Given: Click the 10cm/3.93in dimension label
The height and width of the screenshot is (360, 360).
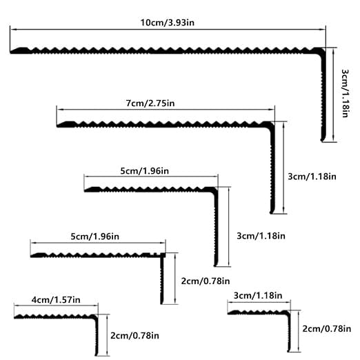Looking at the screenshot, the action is click(168, 23).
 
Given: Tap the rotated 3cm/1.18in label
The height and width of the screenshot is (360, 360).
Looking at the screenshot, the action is click(345, 93).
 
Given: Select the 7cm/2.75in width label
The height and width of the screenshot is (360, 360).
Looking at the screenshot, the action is click(150, 103).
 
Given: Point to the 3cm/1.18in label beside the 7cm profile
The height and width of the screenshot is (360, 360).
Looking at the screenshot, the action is click(312, 177).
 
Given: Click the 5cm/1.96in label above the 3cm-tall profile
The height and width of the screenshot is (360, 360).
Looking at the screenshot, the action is click(145, 171).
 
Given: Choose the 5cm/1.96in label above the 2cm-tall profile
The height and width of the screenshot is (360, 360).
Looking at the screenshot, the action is click(95, 237).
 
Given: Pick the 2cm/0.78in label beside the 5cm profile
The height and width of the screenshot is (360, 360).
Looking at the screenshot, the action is click(206, 281).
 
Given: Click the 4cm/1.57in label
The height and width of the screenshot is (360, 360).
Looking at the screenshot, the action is click(56, 300).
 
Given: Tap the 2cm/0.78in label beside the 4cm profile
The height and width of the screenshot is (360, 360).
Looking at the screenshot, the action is click(134, 336).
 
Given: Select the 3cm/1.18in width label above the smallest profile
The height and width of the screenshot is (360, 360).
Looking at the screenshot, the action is click(258, 295).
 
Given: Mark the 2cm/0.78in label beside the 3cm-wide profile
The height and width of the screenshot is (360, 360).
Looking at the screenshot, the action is click(327, 329).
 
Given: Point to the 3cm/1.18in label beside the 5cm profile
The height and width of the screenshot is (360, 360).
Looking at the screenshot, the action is click(261, 236).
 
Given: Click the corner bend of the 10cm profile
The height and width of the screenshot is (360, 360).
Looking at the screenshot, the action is click(323, 50).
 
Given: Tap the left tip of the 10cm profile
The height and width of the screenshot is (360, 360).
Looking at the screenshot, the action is click(10, 52).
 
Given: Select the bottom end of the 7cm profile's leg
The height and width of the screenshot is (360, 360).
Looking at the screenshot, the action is click(272, 212).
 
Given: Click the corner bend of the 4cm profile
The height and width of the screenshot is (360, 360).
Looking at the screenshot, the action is click(95, 317).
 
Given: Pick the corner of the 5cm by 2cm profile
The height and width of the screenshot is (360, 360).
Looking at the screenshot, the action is click(163, 255).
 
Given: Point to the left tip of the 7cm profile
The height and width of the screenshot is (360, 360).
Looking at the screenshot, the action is click(57, 126).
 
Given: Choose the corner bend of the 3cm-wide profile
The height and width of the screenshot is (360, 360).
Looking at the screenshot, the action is click(288, 313).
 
